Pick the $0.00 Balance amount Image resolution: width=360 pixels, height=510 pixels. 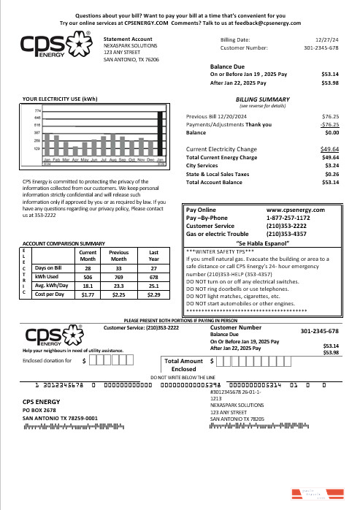pos(330,133)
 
